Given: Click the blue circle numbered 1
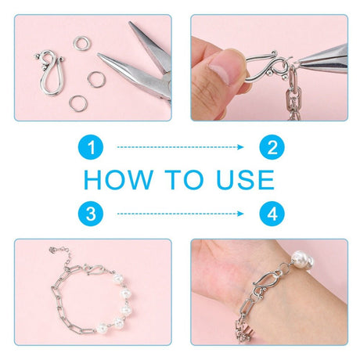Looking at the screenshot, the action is (91, 147).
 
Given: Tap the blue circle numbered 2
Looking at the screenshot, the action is (272, 147).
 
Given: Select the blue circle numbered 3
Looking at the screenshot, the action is (91, 214).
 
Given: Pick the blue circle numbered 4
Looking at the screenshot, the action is (272, 214).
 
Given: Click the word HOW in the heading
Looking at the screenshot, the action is (118, 180).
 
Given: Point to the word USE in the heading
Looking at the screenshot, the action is (246, 180).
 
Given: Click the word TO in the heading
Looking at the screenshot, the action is (184, 180).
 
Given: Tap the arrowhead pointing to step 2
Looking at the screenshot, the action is (240, 147).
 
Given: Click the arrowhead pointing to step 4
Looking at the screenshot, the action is (240, 214).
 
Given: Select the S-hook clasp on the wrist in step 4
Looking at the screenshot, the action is (267, 283).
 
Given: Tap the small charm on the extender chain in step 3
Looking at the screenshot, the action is (53, 250).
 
